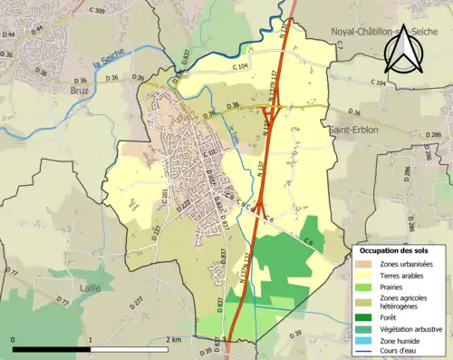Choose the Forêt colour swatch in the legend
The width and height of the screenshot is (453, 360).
(366, 316)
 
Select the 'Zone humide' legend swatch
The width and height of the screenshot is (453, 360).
(366, 340)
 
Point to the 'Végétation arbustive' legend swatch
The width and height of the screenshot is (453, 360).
(366, 328)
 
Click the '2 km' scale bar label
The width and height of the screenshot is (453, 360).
(175, 339)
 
